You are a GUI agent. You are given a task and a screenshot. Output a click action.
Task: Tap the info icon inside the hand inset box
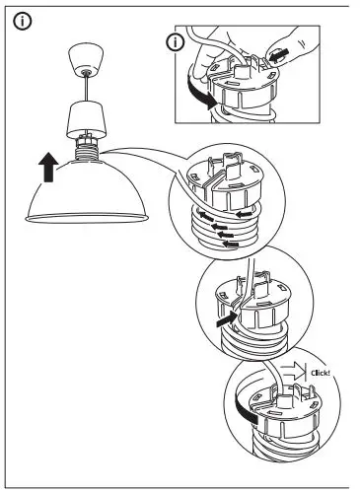[x=176, y=42]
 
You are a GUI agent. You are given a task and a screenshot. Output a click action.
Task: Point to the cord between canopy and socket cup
[x=86, y=90]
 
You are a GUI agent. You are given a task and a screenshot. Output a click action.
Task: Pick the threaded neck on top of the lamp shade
[x=86, y=152]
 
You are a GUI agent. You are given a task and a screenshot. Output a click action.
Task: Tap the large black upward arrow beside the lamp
[x=46, y=168]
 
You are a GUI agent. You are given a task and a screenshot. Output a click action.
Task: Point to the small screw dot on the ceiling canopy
[x=86, y=71]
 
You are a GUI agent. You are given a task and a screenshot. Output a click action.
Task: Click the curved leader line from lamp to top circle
[x=148, y=150]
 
